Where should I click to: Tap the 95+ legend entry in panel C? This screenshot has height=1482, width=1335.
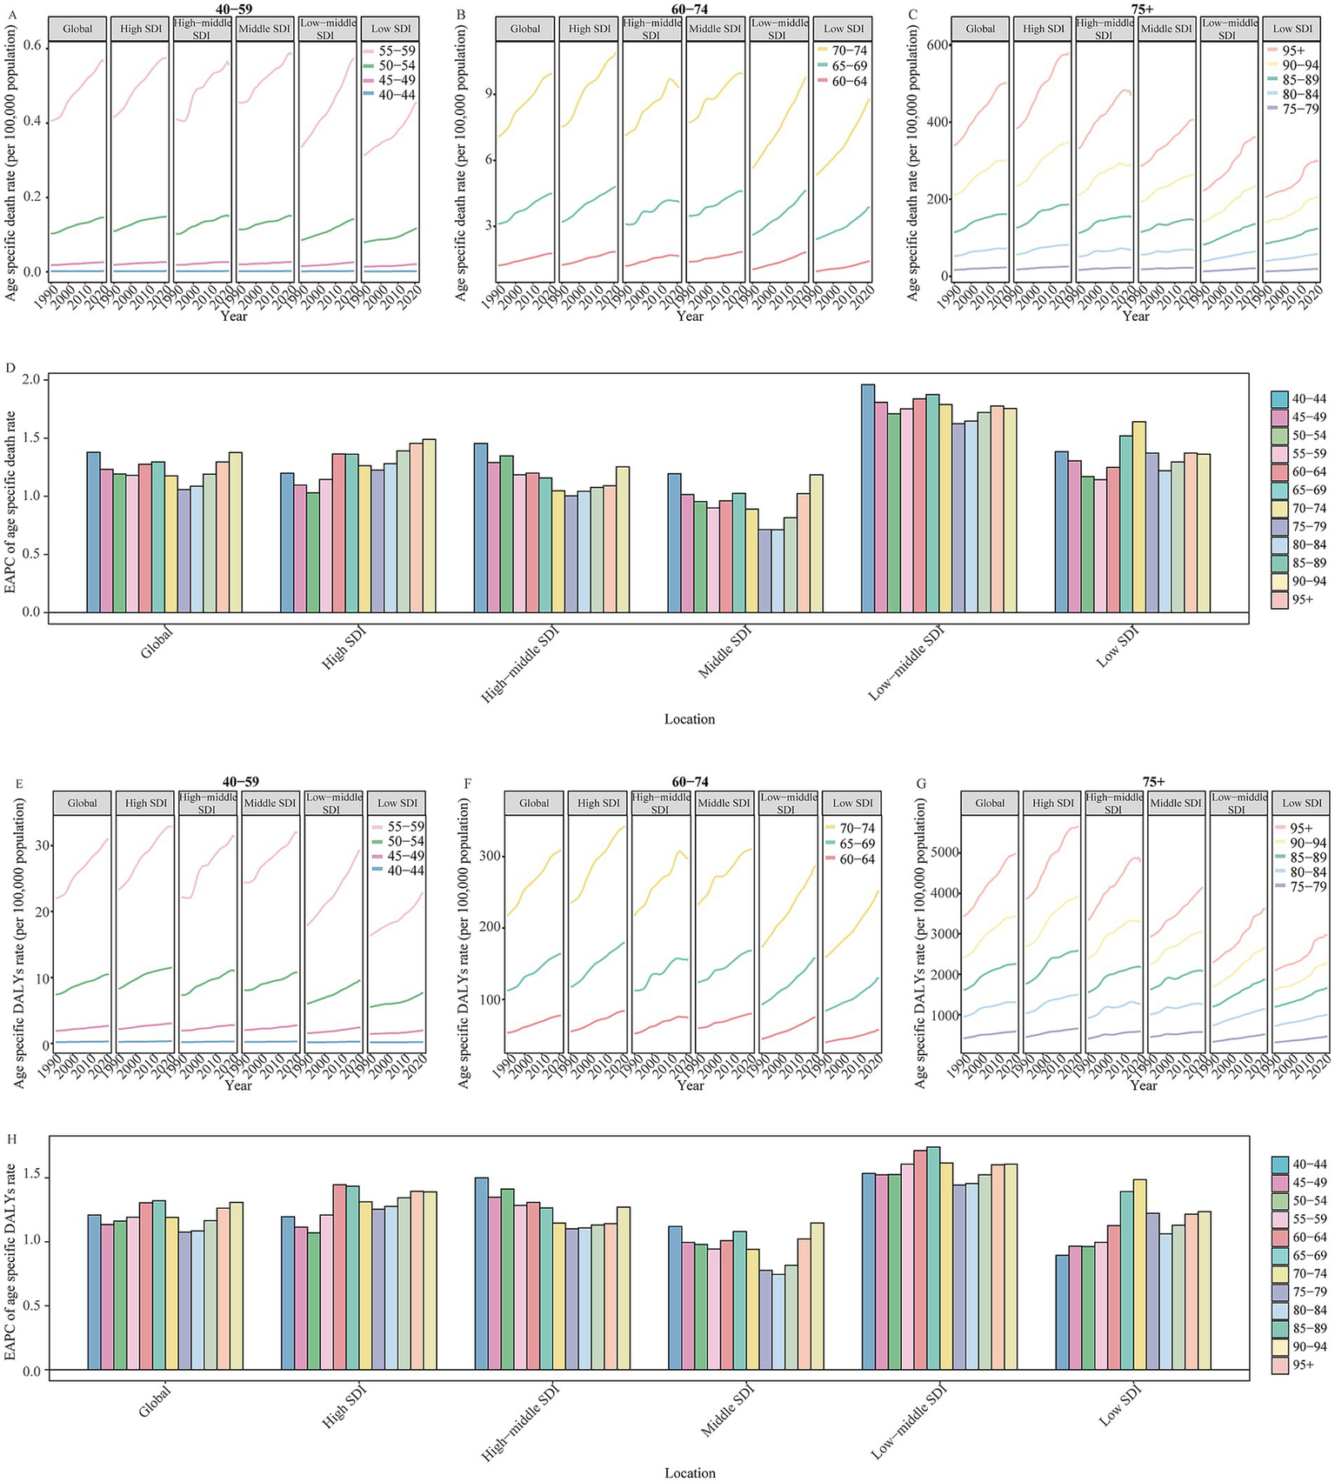(x=1293, y=50)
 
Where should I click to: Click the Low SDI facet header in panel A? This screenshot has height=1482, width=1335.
(x=390, y=29)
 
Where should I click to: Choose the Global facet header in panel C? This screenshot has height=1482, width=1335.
(x=980, y=29)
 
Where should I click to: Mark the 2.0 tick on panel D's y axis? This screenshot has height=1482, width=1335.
(x=33, y=380)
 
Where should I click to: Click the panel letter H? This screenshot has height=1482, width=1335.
(x=10, y=1139)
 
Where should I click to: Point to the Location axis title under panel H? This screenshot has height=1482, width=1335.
(x=690, y=1472)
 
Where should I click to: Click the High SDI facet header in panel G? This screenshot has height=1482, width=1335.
(x=1053, y=803)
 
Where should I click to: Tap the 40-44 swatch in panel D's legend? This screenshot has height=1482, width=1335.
(x=1279, y=399)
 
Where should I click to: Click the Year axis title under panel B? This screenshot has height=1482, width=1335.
(x=690, y=316)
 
